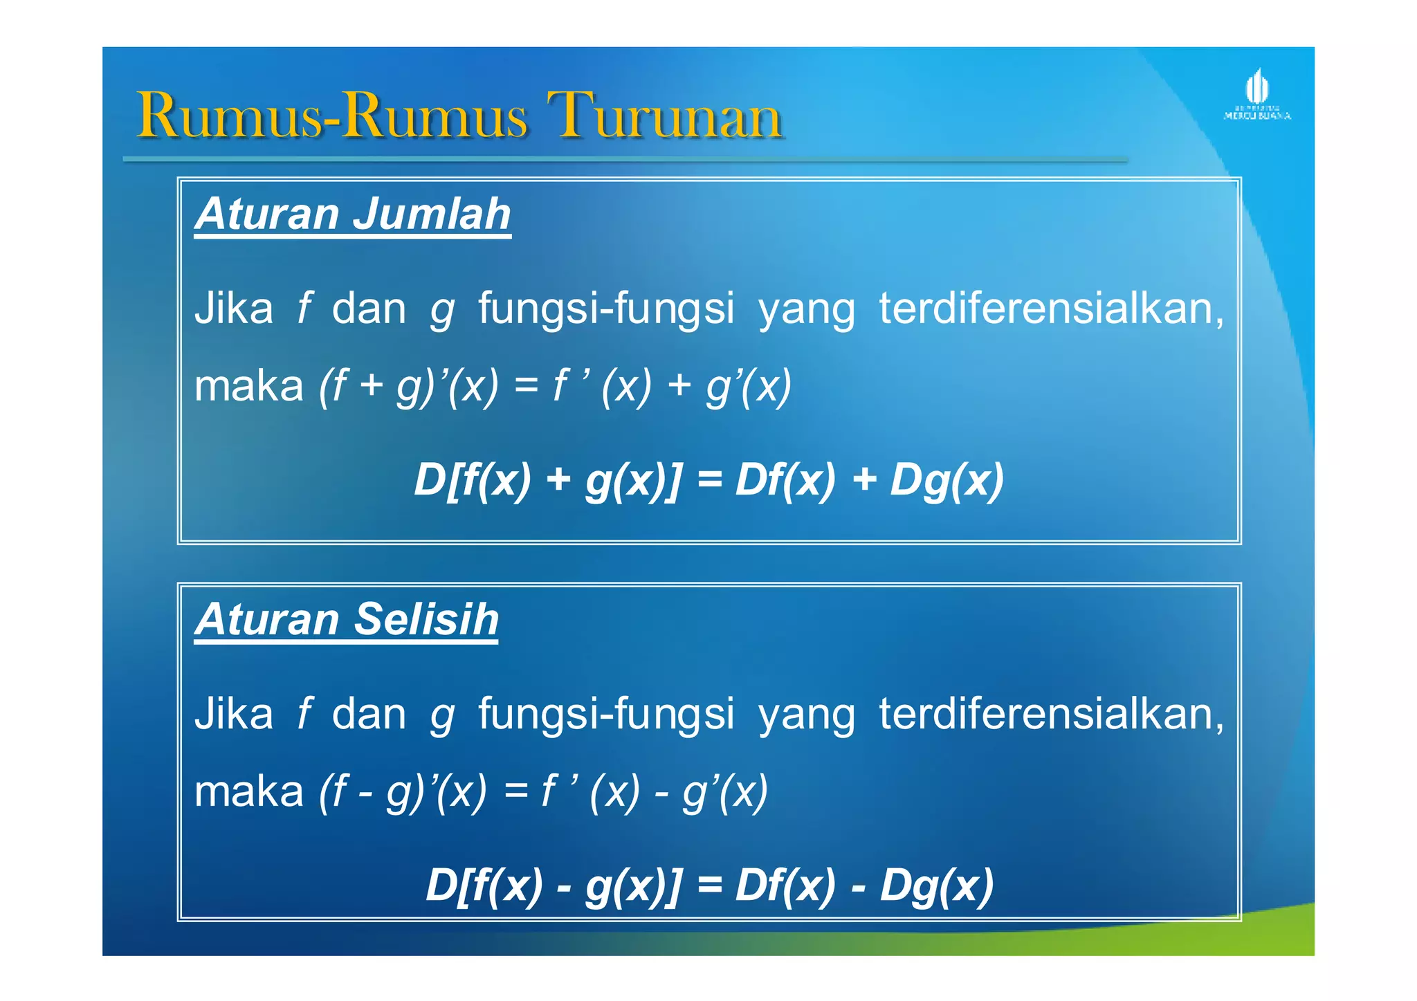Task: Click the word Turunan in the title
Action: tap(664, 116)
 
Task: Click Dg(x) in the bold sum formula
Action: tap(946, 480)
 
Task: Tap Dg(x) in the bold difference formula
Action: tap(936, 885)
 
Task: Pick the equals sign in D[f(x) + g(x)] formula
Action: tap(709, 480)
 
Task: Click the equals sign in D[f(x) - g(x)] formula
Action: tap(709, 885)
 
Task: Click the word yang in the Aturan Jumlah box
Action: tap(807, 310)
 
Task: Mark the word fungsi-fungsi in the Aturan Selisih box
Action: tap(606, 715)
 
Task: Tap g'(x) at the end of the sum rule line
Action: tap(749, 386)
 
